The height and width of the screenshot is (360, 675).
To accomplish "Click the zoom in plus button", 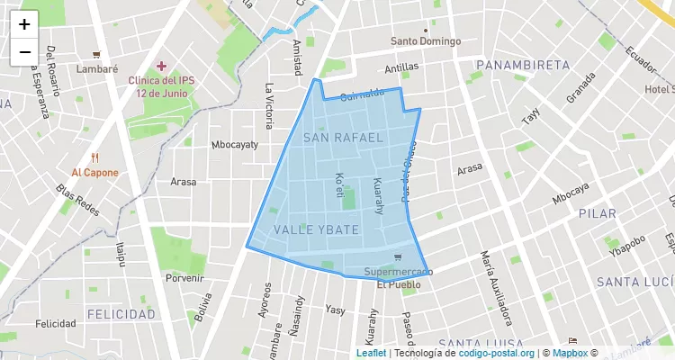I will tap(24, 24).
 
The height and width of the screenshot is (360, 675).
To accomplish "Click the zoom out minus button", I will tap(24, 51).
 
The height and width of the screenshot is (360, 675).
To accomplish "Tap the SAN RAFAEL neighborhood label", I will tap(343, 137).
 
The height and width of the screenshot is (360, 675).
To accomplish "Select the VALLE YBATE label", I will tap(316, 230).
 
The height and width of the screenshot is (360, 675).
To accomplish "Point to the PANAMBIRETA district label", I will tap(523, 65).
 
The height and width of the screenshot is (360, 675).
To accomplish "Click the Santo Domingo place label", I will tap(426, 41).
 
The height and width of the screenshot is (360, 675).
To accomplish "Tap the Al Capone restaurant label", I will tap(95, 172).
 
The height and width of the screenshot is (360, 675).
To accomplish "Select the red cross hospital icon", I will tap(162, 66).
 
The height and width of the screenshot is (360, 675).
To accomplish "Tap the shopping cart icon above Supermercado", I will tap(398, 256).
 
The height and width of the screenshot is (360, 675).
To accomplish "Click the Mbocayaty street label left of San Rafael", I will tap(234, 144).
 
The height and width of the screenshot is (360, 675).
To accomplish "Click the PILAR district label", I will tap(598, 214).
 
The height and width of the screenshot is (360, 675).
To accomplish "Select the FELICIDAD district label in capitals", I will tap(121, 314).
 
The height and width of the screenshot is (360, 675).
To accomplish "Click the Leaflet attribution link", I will tap(371, 354).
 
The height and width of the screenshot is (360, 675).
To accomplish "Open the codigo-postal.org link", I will tap(497, 354).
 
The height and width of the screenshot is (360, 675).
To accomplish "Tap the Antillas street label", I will tap(401, 67).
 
